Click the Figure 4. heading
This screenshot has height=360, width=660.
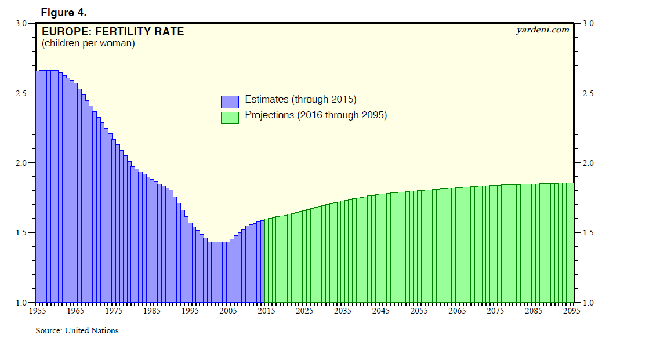tap(64, 12)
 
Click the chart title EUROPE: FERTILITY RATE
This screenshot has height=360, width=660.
tap(113, 32)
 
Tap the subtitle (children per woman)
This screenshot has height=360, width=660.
tap(88, 43)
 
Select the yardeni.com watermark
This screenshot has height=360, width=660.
tap(542, 30)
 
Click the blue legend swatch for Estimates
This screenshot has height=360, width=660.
tap(230, 101)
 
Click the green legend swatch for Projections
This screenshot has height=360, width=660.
tap(230, 117)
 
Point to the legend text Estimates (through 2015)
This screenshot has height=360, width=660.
tap(300, 99)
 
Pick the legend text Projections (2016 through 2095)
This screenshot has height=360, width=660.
tap(316, 115)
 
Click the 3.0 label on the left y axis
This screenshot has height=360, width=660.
tap(21, 23)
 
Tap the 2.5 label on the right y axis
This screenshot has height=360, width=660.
tap(588, 93)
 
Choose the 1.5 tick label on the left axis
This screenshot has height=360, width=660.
tap(21, 233)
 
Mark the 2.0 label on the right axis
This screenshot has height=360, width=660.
tap(588, 163)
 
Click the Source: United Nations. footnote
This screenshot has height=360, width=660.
tap(78, 331)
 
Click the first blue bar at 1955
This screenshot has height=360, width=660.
tap(38, 186)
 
